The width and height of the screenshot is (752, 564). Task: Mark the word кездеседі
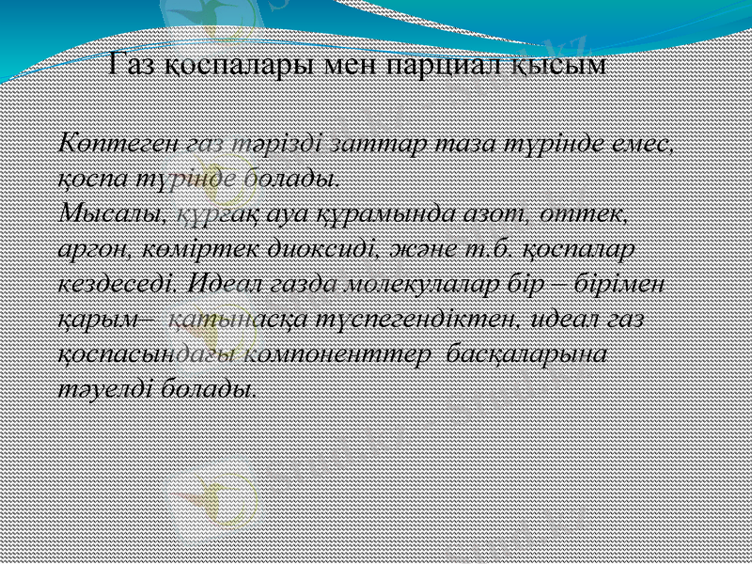[117, 282]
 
